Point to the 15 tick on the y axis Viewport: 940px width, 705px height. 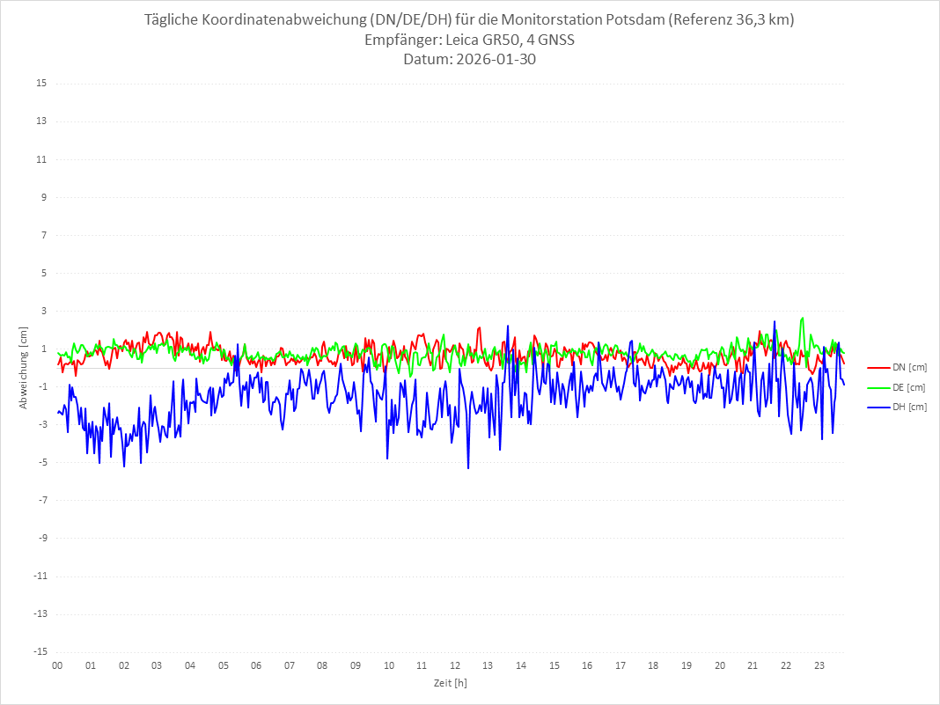pos(41,84)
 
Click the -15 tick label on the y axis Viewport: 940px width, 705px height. pos(40,651)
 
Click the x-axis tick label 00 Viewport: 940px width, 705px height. pos(57,665)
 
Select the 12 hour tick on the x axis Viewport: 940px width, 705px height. pos(455,665)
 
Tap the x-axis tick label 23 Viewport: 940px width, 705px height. pos(819,665)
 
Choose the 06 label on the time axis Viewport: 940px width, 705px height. pos(256,665)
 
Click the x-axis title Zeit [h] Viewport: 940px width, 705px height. pos(451,682)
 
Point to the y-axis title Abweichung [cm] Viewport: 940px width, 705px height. pos(25,367)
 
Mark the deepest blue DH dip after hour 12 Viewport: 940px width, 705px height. pos(468,468)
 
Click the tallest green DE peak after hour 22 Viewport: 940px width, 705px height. pos(803,318)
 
